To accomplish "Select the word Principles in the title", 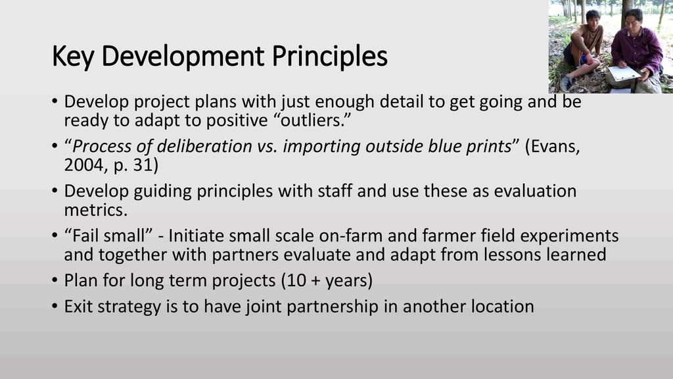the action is pos(330,56).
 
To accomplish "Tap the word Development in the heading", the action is pos(183,56).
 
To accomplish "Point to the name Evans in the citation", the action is pos(555,147).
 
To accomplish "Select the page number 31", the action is pos(143,165).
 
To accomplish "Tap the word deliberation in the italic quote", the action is pos(204,146).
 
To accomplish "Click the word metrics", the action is pos(96,210).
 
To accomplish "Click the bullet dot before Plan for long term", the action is pos(55,280).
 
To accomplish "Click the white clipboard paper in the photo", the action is pos(624,74).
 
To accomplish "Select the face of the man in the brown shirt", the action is pos(593,18).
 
